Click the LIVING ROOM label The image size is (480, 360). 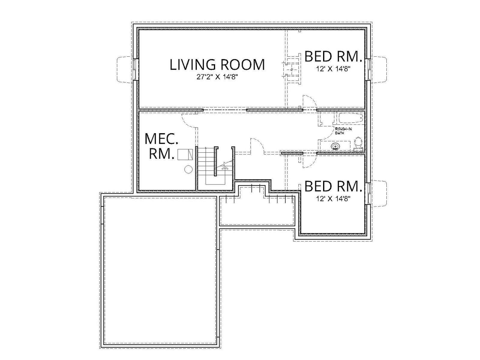[x=217, y=64]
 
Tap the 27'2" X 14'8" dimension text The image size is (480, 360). [x=217, y=77]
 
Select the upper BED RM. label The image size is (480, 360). [x=332, y=56]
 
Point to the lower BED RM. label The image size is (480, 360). [x=332, y=186]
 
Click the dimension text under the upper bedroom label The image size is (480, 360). [x=333, y=69]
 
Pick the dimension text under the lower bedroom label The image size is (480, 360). [x=333, y=199]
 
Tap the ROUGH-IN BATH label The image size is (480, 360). [x=343, y=131]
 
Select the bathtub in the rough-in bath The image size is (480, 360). [x=350, y=118]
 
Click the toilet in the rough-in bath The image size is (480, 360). [x=358, y=144]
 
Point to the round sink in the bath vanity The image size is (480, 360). [x=334, y=146]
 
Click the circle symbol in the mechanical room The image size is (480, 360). [x=188, y=169]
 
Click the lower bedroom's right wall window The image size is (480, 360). [x=368, y=193]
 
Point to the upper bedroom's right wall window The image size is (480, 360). [x=368, y=70]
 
